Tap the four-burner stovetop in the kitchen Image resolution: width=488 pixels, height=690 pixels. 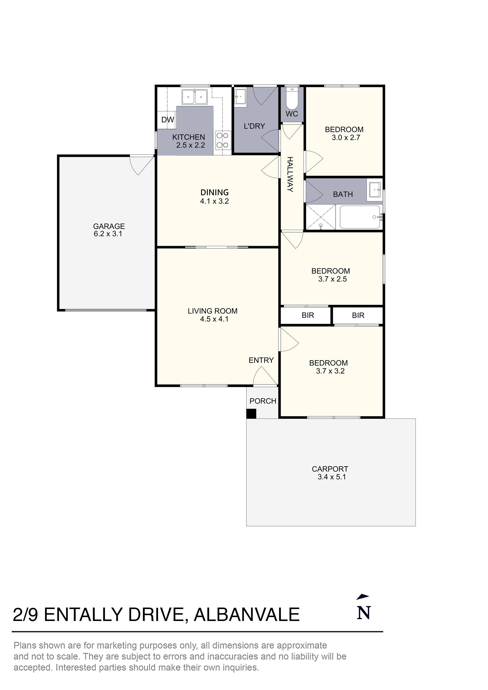223,140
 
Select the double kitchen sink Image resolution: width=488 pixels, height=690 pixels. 194,97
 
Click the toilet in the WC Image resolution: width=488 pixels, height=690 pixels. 291,100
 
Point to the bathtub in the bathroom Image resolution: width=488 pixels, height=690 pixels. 360,217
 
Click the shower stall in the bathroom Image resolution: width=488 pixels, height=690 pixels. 321,217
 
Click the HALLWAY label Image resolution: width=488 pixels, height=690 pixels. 290,174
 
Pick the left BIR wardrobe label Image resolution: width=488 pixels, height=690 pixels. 308,315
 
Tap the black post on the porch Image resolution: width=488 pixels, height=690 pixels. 251,413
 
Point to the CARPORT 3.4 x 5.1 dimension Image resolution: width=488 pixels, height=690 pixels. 332,477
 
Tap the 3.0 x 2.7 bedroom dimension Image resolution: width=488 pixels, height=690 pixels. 346,138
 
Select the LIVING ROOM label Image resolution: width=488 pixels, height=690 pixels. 213,311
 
